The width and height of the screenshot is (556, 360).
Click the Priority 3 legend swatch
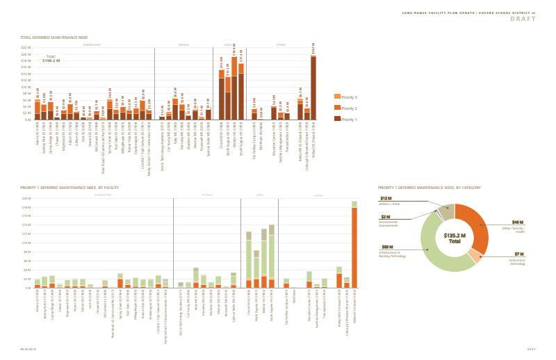pyautogui.click(x=338, y=97)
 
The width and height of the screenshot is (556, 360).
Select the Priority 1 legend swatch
pyautogui.click(x=338, y=119)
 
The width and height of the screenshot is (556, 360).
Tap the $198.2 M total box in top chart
pyautogui.click(x=51, y=59)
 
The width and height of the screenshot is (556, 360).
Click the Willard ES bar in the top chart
pyautogui.click(x=313, y=88)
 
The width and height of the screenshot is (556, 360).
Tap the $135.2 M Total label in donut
pyautogui.click(x=454, y=238)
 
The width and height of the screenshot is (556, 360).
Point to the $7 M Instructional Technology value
pyautogui.click(x=518, y=254)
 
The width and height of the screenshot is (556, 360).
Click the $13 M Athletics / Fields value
pyautogui.click(x=384, y=199)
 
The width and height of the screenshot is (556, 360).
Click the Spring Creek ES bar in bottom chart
pyautogui.click(x=120, y=281)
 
